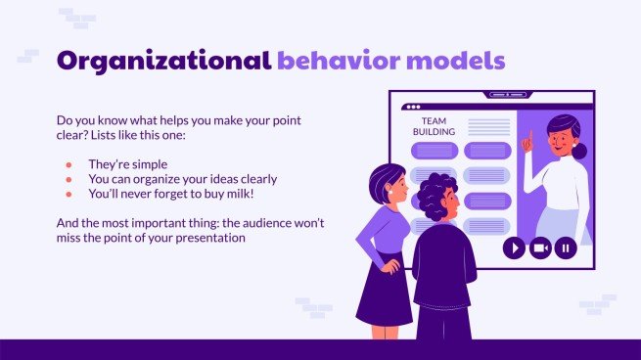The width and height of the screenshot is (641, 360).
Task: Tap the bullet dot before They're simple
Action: (69, 164)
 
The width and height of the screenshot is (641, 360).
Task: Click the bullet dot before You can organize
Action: (69, 179)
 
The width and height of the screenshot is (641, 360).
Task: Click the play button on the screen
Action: (514, 247)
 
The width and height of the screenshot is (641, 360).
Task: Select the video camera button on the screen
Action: (539, 247)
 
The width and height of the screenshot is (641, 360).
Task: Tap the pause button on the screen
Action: (565, 247)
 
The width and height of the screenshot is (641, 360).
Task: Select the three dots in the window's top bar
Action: (412, 106)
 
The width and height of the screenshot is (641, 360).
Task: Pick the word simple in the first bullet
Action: (143, 164)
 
